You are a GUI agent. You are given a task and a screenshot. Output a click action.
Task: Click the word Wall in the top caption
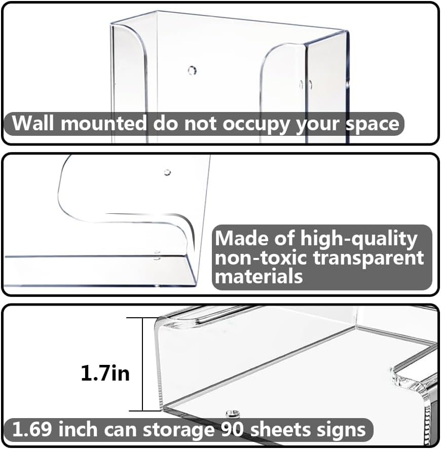31,124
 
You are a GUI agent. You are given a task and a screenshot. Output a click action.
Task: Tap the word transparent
369,257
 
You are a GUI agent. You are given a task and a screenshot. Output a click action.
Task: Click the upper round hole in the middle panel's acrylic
167,172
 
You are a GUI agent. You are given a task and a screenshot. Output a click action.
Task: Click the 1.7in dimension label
105,373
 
